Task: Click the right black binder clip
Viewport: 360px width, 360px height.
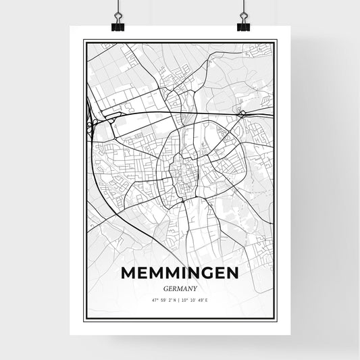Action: point(243,26)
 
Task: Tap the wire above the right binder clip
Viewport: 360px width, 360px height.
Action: point(243,8)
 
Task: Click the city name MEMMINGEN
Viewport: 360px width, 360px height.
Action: point(180,273)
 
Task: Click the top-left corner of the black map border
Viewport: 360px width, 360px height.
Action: point(84,41)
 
